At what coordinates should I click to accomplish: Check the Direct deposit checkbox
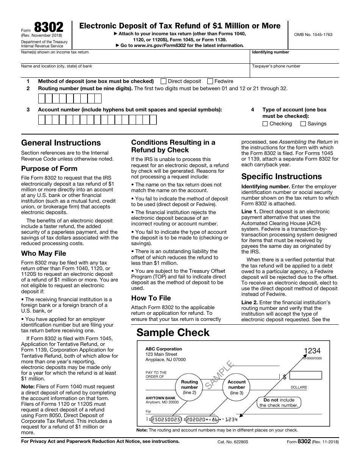click(x=164, y=81)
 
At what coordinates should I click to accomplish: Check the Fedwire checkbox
click(x=210, y=81)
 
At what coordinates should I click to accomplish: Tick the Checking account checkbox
click(x=265, y=124)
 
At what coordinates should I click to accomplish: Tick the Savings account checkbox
click(x=303, y=124)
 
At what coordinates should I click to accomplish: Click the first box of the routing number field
click(x=42, y=99)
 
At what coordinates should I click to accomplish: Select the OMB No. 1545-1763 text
click(x=313, y=34)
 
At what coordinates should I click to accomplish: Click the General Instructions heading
click(x=61, y=143)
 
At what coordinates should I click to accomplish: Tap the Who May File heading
click(x=44, y=253)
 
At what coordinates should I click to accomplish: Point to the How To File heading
click(x=151, y=298)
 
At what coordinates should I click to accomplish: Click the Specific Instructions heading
click(x=282, y=177)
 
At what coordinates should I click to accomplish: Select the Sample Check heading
click(x=173, y=333)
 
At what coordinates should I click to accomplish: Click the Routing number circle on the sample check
click(x=189, y=387)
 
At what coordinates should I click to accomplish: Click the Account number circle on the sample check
click(x=236, y=387)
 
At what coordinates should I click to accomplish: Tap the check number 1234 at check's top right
click(x=312, y=351)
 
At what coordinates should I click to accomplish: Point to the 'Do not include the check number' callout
click(x=279, y=402)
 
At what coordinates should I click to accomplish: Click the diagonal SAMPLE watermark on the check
click(x=219, y=375)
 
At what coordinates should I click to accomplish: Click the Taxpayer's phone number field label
click(x=276, y=66)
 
